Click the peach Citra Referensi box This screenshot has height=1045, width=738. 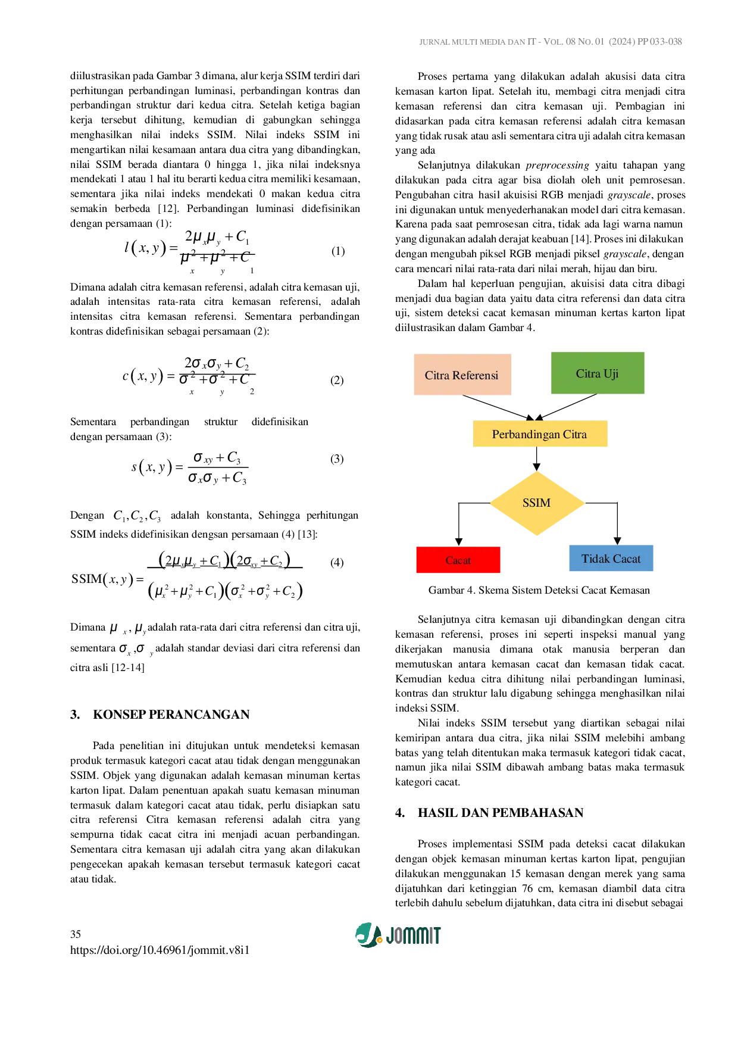point(461,374)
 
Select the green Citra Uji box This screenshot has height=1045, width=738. point(597,372)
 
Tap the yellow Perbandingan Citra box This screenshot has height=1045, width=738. point(540,433)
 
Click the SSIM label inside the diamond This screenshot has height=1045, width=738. point(536,503)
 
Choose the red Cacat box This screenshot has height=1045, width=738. point(459,560)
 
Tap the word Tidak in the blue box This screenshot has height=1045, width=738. point(595,559)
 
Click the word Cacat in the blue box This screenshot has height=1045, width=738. point(626,559)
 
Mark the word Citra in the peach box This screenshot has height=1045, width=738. point(437,376)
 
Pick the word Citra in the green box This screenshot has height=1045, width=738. point(587,374)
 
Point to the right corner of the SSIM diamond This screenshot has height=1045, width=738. point(584,504)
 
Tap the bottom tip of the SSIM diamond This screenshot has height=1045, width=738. point(537,536)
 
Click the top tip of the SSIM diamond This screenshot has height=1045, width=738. point(537,472)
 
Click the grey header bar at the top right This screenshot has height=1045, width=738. point(552,42)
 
